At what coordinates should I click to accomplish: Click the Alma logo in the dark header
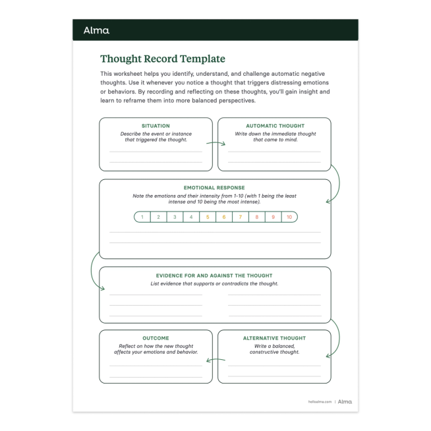pyautogui.click(x=96, y=30)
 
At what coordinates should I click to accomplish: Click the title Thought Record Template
pyautogui.click(x=162, y=59)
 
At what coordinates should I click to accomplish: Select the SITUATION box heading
pyautogui.click(x=156, y=126)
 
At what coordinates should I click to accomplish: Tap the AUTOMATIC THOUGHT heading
pyautogui.click(x=275, y=126)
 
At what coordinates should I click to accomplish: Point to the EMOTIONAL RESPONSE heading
pyautogui.click(x=215, y=188)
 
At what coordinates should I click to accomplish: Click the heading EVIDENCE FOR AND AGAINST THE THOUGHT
pyautogui.click(x=215, y=275)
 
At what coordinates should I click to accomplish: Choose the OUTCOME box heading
pyautogui.click(x=156, y=338)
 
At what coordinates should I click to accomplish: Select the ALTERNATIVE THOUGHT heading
pyautogui.click(x=275, y=338)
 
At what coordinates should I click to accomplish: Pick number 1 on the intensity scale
pyautogui.click(x=142, y=217)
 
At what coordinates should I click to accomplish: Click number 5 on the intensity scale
pyautogui.click(x=208, y=217)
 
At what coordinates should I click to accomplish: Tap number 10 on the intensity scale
pyautogui.click(x=289, y=217)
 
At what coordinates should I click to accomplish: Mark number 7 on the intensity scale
pyautogui.click(x=240, y=217)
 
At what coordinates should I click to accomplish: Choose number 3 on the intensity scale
pyautogui.click(x=175, y=217)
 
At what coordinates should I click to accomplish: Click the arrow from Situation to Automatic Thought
pyautogui.click(x=215, y=142)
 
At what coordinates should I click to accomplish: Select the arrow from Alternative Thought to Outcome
pyautogui.click(x=215, y=360)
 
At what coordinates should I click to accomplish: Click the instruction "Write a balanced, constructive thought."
pyautogui.click(x=275, y=349)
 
